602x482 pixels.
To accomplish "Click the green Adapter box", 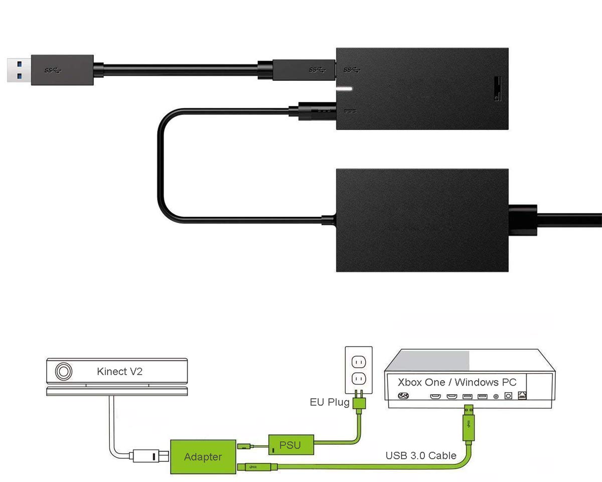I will (203, 456).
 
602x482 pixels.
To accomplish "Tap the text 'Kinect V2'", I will (119, 372).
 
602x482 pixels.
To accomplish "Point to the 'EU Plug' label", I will (329, 402).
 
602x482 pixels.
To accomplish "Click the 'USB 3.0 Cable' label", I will (420, 456).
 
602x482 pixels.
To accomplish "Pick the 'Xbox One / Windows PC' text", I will (457, 382).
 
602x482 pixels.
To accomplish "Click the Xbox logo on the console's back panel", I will (402, 396).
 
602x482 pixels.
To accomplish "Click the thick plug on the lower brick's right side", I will (523, 220).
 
